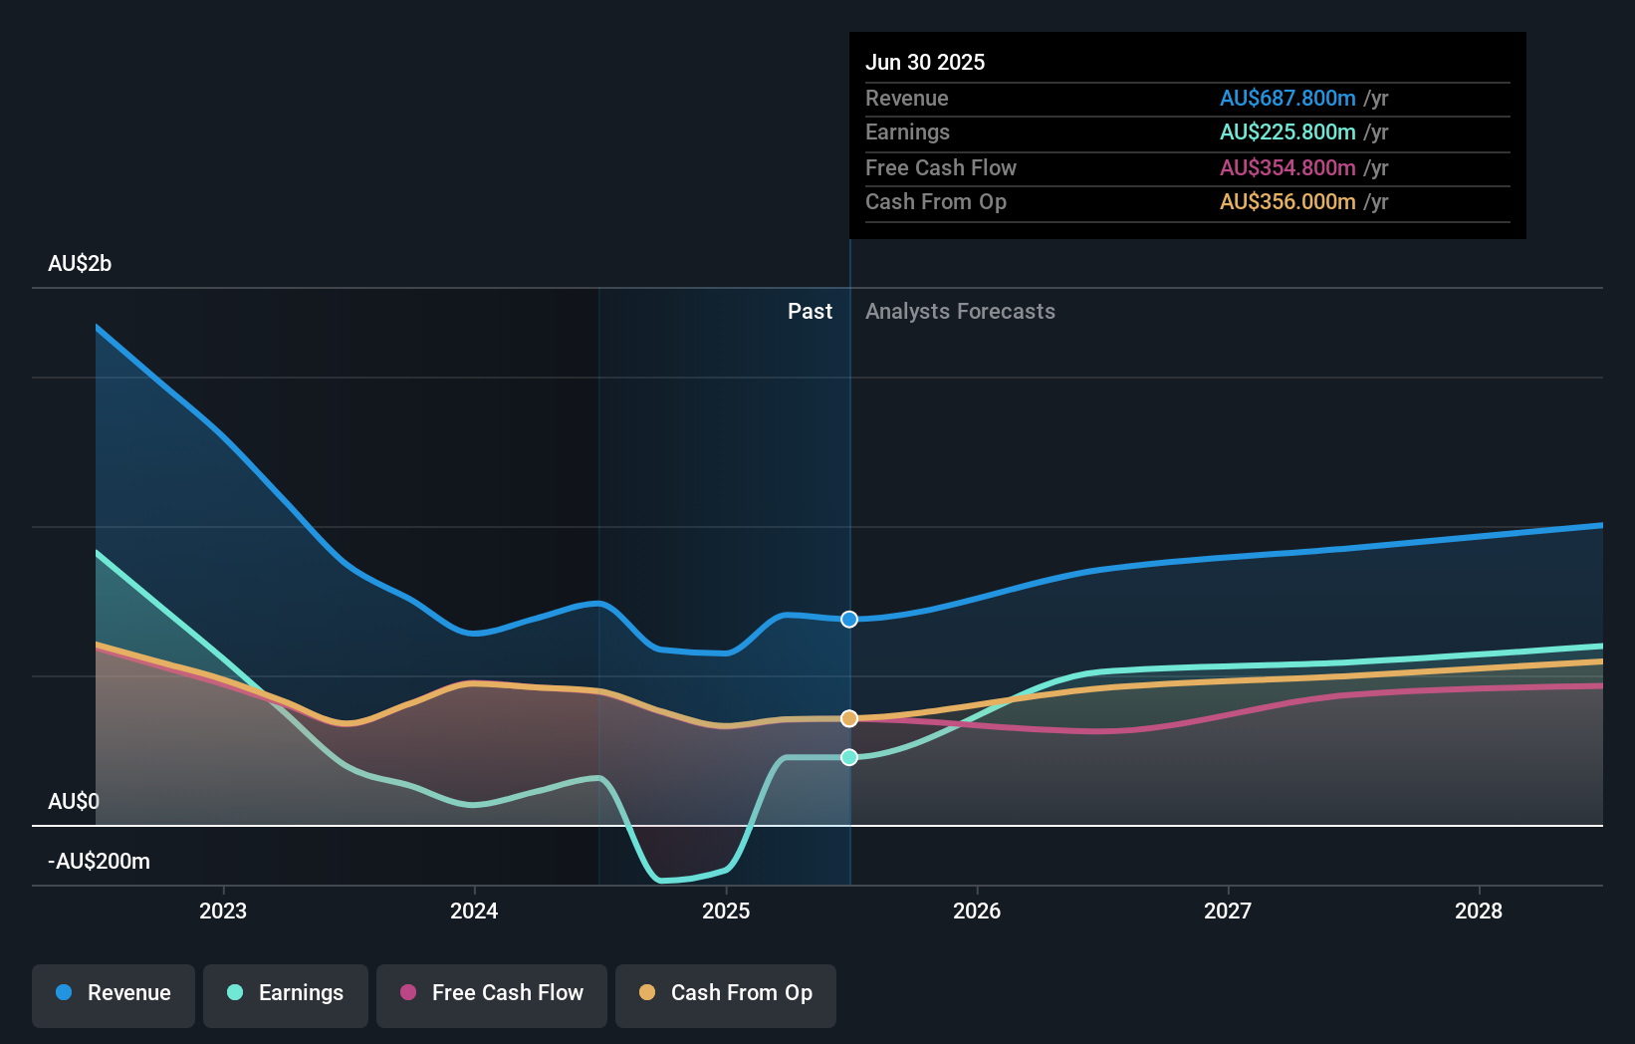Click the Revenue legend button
[114, 993]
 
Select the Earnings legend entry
[286, 993]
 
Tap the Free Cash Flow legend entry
[492, 993]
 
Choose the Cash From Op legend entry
[726, 993]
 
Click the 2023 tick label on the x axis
[223, 911]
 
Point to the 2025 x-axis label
[726, 911]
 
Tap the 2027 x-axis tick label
[1228, 911]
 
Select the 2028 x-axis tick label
[1479, 911]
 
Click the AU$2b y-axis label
[80, 264]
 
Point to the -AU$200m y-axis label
[99, 862]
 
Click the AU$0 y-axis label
[74, 802]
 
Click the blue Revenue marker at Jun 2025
[849, 620]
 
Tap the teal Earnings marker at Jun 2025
[849, 757]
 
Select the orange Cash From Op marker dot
[849, 718]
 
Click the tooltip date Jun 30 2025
[925, 62]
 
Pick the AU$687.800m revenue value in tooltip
[1287, 99]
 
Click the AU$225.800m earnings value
[1287, 132]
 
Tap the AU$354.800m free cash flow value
[1287, 168]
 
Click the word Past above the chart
[810, 312]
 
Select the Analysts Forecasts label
[960, 312]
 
